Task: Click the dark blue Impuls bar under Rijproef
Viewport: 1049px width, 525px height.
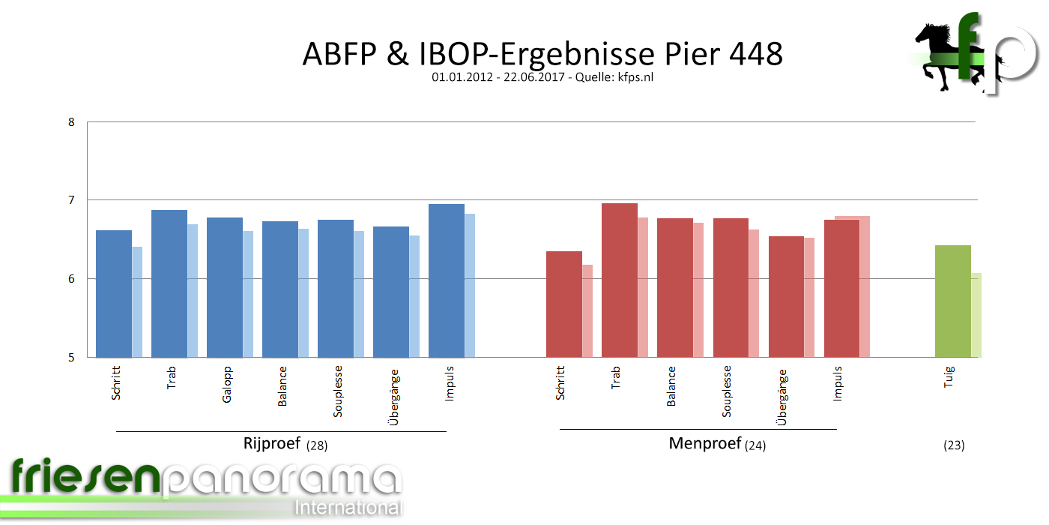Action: (x=446, y=280)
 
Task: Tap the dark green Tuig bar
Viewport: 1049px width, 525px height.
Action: (x=953, y=301)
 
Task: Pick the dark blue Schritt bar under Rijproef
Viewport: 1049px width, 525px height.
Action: (x=114, y=293)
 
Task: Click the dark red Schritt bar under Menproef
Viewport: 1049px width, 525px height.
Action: (x=563, y=304)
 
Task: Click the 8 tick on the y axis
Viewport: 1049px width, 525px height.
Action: (x=71, y=121)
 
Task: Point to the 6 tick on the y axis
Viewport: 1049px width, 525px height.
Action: (x=71, y=279)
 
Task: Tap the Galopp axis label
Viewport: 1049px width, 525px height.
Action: (x=227, y=384)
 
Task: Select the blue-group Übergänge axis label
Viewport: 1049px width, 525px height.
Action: (x=394, y=397)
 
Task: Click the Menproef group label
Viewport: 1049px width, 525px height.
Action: (x=704, y=443)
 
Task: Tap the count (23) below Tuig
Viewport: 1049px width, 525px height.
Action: (x=954, y=445)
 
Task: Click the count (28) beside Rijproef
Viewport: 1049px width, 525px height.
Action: (x=317, y=445)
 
